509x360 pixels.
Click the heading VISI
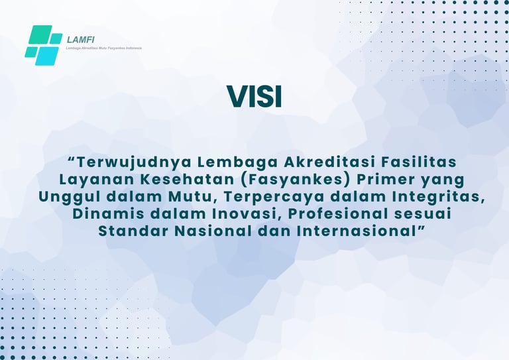254,96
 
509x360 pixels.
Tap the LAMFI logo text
80,40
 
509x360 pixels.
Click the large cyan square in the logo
47,56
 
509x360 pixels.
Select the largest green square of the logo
40,34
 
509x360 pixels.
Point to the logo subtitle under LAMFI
103,48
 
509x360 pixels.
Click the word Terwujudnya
132,162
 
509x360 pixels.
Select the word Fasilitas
419,162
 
